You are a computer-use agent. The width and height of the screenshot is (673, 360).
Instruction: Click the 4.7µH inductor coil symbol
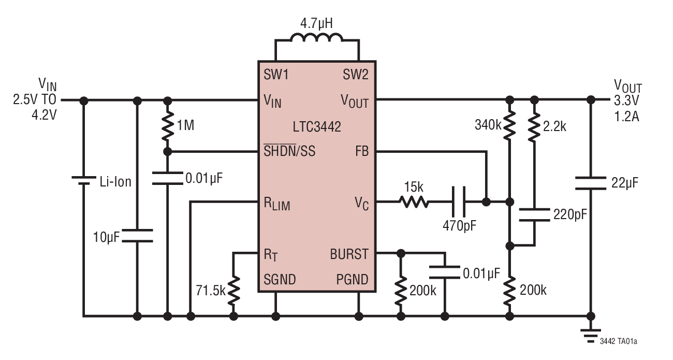(x=317, y=40)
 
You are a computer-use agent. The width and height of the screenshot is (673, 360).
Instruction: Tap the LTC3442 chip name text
(x=317, y=126)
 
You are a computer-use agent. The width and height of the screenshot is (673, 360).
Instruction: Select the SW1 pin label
(x=276, y=75)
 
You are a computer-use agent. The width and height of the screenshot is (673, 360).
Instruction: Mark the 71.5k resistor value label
(x=211, y=290)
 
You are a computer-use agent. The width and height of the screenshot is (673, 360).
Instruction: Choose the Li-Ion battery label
(x=115, y=182)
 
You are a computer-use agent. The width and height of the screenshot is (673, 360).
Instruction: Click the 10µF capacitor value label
(x=107, y=237)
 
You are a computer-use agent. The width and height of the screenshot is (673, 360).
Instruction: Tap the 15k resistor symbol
(x=413, y=201)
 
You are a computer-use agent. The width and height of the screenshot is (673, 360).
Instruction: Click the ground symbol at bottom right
(x=590, y=336)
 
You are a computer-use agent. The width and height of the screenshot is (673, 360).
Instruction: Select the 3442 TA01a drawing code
(x=619, y=341)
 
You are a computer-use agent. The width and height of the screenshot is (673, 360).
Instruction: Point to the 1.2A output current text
(x=626, y=117)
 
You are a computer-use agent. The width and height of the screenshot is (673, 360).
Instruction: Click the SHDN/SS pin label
(x=289, y=152)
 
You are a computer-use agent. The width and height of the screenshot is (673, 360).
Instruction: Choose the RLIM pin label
(x=277, y=204)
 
